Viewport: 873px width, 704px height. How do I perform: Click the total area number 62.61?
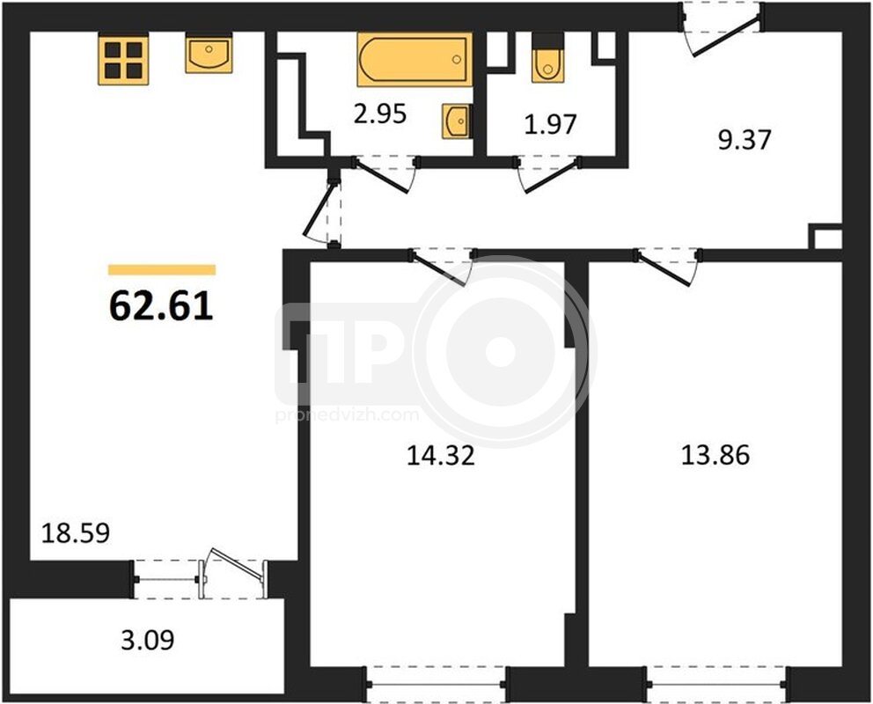point(161,305)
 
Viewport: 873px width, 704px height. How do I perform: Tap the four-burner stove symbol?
point(123,59)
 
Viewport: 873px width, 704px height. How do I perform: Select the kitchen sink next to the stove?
point(209,54)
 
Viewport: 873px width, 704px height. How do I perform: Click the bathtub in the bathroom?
point(414,60)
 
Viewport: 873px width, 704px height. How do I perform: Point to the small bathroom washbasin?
point(457,121)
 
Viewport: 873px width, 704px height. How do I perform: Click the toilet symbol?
point(548,58)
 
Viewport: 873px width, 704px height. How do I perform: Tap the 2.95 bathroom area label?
point(380,114)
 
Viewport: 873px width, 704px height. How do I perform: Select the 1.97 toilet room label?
point(550,124)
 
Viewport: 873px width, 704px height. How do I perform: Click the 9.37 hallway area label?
point(745,140)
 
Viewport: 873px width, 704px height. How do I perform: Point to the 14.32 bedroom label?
point(440,455)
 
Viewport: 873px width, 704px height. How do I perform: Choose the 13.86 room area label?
point(715,455)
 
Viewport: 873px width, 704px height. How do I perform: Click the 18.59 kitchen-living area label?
point(76,533)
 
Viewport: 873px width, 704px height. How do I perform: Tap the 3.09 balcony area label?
point(148,640)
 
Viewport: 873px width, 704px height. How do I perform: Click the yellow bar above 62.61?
point(162,270)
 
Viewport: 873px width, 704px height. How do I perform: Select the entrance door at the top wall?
point(721,29)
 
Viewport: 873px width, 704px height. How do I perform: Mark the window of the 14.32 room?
point(436,685)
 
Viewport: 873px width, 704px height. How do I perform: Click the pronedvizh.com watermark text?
point(347,415)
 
